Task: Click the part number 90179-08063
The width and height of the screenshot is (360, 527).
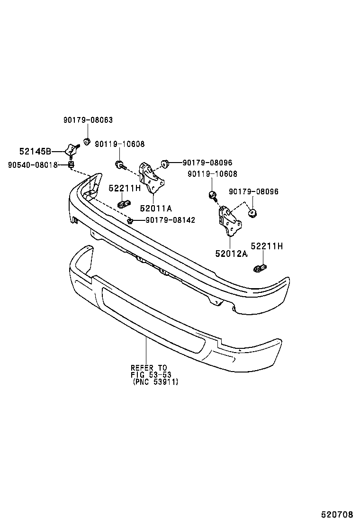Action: point(88,120)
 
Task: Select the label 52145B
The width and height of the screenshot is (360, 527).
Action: point(35,152)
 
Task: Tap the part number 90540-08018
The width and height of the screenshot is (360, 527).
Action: point(33,165)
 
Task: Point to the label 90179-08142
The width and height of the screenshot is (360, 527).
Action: point(170,220)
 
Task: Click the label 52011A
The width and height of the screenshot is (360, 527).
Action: point(156,208)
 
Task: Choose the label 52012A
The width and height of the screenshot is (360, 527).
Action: point(231,254)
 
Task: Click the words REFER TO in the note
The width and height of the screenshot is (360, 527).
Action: point(149,368)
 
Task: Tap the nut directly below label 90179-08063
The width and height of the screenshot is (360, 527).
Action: point(87,141)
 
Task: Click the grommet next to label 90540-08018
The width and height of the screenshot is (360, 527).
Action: point(71,164)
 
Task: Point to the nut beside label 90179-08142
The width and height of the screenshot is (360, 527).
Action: point(130,220)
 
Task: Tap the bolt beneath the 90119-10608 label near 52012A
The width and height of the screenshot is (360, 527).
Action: point(212,195)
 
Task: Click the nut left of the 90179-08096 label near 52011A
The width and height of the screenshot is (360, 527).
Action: point(165,164)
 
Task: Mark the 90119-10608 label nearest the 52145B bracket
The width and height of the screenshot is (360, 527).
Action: point(120,144)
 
